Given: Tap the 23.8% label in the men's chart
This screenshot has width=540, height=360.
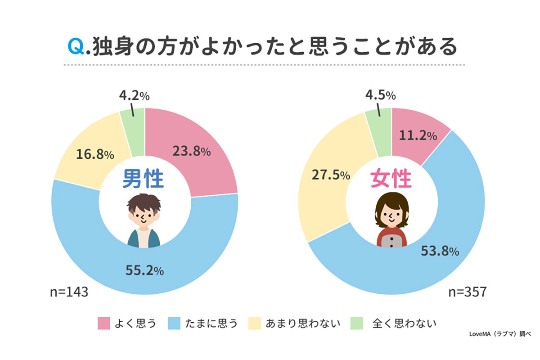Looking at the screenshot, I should tap(191, 152).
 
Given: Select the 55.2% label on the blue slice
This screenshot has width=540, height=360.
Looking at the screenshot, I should tap(144, 270).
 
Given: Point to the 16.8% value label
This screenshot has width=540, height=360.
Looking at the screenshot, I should tap(94, 155).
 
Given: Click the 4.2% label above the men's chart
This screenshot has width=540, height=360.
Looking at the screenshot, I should tap(134, 96).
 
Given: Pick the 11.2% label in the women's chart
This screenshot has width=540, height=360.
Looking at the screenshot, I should tap(417, 136).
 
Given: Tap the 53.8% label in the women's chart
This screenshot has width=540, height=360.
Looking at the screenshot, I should tap(440, 251).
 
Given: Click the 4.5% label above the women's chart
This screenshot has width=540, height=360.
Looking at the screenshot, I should tap(380, 96).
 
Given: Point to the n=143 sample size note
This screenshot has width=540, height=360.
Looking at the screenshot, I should tap(68, 292).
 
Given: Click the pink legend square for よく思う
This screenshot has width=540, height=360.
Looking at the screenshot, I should tap(103, 323).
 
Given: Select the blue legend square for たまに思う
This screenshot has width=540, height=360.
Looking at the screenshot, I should tap(174, 323).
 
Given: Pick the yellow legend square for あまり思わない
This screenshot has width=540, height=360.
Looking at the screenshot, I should tap(254, 323).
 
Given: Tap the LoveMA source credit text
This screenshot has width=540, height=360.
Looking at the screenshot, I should tap(500, 334).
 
